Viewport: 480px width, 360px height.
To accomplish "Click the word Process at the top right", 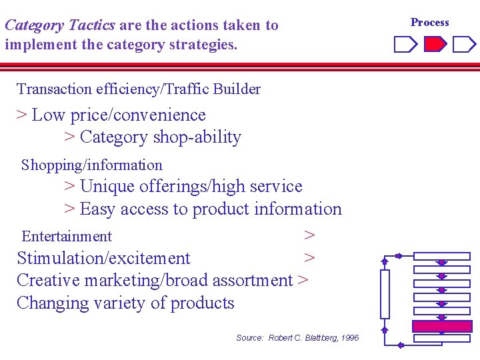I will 429,22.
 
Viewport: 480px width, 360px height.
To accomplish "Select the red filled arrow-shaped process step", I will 435,45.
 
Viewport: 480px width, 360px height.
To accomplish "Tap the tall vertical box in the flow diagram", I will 385,294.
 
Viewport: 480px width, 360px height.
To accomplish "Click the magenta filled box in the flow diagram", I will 442,326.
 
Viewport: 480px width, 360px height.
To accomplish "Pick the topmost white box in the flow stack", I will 442,256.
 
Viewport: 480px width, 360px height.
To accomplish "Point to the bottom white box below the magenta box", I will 442,339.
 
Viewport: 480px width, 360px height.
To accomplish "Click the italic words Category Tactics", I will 60,25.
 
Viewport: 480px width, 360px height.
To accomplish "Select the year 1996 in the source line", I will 349,338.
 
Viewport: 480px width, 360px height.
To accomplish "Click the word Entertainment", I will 67,236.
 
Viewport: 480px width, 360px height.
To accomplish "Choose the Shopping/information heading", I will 92,165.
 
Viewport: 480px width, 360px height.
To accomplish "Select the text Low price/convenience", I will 119,115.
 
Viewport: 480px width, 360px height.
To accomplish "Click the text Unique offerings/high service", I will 191,186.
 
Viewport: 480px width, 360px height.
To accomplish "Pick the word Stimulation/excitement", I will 103,258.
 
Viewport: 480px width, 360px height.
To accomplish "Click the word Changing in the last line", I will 49,303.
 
